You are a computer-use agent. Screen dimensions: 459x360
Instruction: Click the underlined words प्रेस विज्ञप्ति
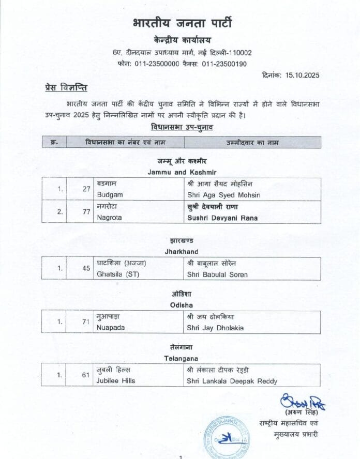65,88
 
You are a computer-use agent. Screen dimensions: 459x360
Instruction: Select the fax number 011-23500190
224,64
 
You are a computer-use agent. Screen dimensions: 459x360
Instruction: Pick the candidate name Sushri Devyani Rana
222,218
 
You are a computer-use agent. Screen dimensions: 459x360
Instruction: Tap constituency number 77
86,212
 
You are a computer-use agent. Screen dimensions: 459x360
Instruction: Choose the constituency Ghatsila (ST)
118,274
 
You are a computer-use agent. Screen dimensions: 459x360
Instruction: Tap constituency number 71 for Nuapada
86,322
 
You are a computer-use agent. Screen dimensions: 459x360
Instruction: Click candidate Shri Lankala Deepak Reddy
232,381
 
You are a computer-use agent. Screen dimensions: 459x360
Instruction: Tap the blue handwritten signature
303,402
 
